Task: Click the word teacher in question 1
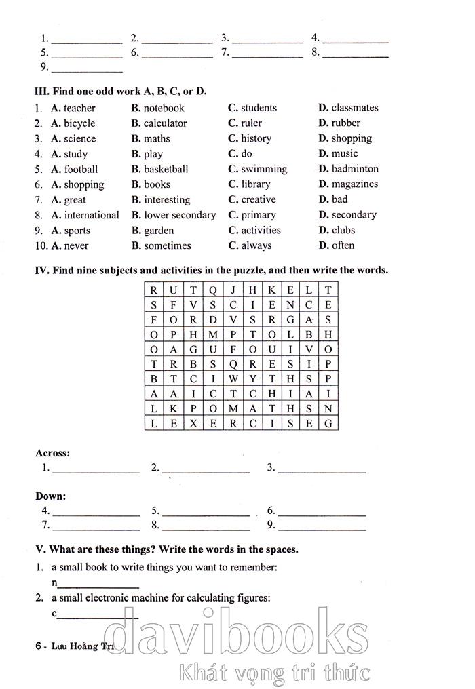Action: click(79, 108)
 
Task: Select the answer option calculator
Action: click(165, 123)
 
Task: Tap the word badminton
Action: click(355, 169)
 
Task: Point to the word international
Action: click(92, 215)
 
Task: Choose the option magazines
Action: click(355, 184)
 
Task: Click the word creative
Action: click(259, 199)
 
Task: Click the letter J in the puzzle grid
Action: click(232, 290)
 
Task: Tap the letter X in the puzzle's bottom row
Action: click(193, 423)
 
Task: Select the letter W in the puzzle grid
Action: click(232, 379)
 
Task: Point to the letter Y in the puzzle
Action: click(252, 379)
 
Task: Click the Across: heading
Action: click(52, 453)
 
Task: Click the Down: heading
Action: click(50, 496)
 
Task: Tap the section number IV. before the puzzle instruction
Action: click(43, 270)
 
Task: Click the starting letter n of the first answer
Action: click(54, 583)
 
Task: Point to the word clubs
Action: click(343, 230)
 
